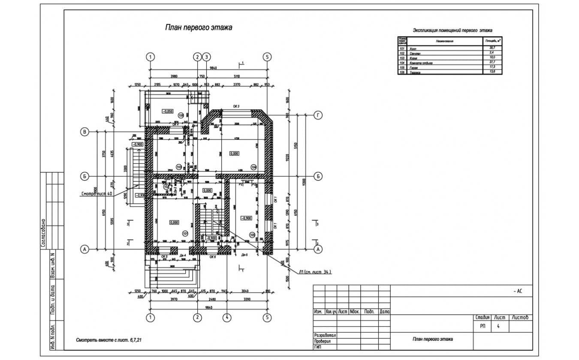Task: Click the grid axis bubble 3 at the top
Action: pos(207,57)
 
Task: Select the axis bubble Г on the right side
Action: pos(318,115)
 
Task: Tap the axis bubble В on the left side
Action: pos(85,132)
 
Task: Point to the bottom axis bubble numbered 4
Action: pos(227,318)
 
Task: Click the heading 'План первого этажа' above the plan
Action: pos(199,28)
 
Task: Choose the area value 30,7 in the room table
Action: pos(492,48)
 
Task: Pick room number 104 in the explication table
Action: pos(402,63)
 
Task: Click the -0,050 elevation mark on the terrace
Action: pos(167,111)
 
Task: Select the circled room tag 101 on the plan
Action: pos(185,234)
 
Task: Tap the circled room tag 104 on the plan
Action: pos(253,167)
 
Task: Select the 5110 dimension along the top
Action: pos(236,76)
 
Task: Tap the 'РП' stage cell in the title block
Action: pos(483,327)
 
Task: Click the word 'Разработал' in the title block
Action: pos(325,335)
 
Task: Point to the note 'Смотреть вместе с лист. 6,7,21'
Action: pos(109,340)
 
